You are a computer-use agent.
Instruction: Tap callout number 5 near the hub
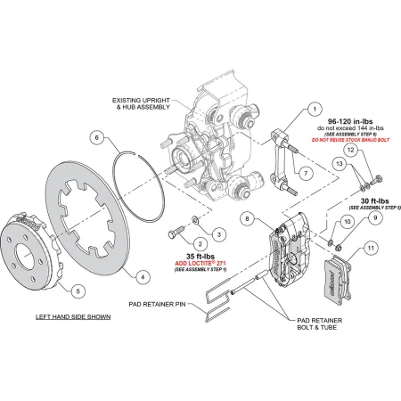(x=77, y=291)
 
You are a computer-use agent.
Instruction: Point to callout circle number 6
(x=100, y=138)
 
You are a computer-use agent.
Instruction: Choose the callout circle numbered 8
(x=248, y=218)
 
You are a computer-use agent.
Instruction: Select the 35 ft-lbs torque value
(x=198, y=257)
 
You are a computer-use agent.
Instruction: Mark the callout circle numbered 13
(x=340, y=164)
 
